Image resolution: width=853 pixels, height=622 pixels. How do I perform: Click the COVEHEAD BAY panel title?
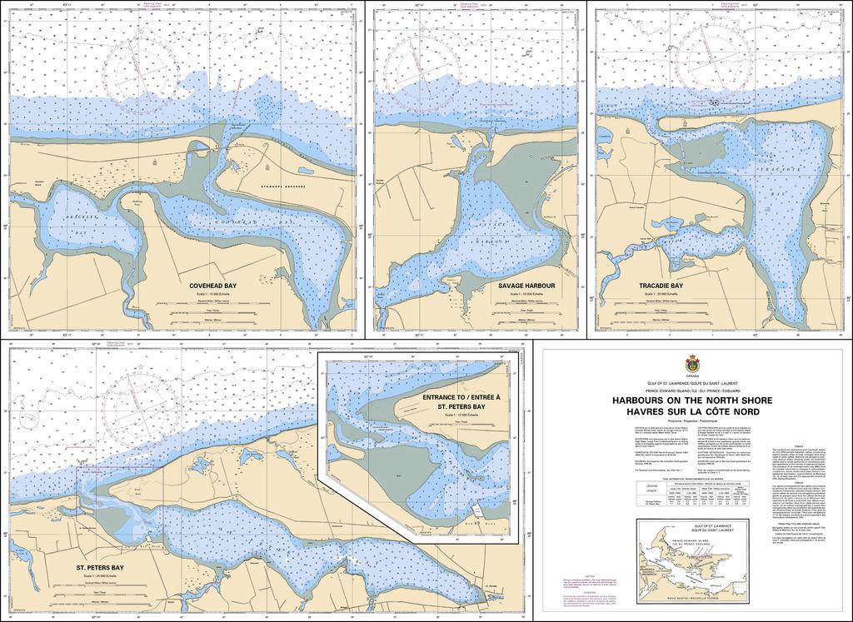[x=212, y=286]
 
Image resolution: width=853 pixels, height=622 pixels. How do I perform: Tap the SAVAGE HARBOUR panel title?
[x=526, y=286]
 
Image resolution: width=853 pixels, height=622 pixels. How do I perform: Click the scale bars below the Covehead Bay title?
[x=212, y=315]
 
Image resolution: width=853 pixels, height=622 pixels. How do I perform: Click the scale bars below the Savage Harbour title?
[x=526, y=315]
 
